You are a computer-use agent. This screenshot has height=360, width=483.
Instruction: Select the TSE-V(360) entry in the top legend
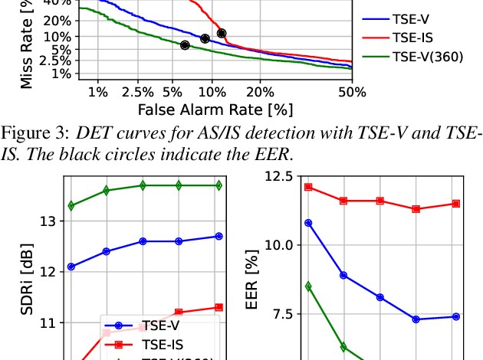(427, 56)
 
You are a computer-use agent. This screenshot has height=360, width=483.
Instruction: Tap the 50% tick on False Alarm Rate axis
(351, 92)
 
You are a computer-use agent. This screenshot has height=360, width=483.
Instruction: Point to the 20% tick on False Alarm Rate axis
(261, 92)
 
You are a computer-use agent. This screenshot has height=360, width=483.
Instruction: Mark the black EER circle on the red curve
(222, 33)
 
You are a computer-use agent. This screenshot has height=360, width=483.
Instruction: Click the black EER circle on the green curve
(185, 45)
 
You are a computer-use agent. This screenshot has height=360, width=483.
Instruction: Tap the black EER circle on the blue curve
(205, 38)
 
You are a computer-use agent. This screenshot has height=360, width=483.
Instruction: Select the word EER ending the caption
(274, 153)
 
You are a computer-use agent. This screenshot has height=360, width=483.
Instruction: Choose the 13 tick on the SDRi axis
(51, 221)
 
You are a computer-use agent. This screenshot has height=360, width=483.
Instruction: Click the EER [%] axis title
(254, 289)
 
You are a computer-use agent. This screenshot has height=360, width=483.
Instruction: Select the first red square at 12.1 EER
(308, 187)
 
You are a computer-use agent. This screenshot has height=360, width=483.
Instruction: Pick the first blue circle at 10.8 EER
(308, 223)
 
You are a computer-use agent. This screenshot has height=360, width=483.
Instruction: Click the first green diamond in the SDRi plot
(71, 205)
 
